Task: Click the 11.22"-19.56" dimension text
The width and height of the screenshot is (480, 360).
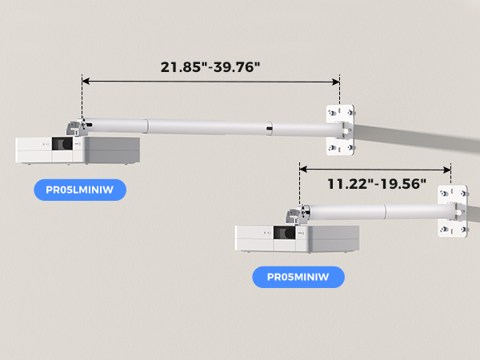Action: [x=376, y=183]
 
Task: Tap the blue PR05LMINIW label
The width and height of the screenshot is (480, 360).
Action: [x=80, y=190]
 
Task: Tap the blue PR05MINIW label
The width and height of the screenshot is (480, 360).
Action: [x=298, y=277]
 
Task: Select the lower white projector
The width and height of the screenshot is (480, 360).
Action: [x=297, y=238]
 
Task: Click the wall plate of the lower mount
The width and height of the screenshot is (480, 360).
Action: [x=452, y=210]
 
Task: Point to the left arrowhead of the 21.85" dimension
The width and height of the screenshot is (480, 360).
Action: [x=85, y=81]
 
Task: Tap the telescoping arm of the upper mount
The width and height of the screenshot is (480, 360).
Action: [x=208, y=126]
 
